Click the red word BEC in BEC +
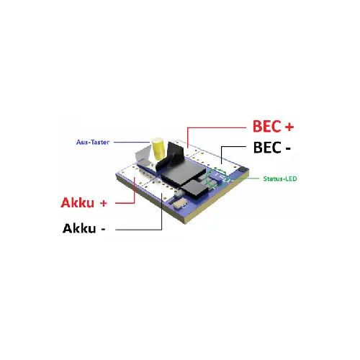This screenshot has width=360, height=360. click(x=266, y=126)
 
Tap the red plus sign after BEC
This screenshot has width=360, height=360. click(x=289, y=127)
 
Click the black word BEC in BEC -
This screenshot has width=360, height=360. click(x=267, y=148)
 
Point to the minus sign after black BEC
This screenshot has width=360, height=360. click(x=288, y=148)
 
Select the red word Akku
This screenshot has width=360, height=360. click(x=77, y=202)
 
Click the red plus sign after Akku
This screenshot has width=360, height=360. click(x=103, y=203)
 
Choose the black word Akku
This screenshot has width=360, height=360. click(x=79, y=228)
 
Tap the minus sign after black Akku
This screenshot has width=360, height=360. click(x=103, y=229)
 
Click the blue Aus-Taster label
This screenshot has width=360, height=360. click(x=93, y=143)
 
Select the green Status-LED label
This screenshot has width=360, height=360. click(x=280, y=179)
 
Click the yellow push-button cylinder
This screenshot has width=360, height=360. click(x=158, y=149)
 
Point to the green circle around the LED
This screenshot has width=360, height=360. click(x=206, y=179)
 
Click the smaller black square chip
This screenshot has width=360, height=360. click(x=194, y=189)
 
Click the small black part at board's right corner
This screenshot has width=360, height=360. click(x=243, y=168)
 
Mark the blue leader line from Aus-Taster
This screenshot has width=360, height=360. click(x=132, y=143)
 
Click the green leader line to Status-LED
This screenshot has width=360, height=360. click(x=244, y=179)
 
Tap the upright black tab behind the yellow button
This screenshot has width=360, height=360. click(x=174, y=153)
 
